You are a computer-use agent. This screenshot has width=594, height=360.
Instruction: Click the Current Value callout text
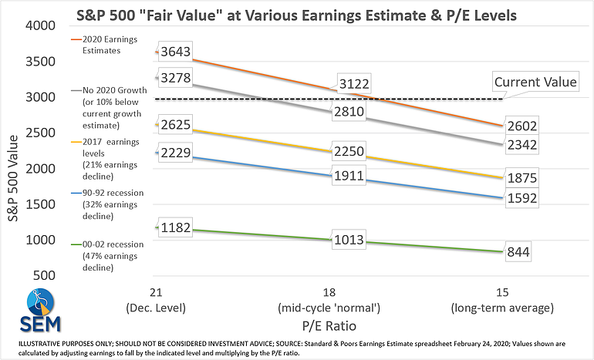point(535,82)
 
